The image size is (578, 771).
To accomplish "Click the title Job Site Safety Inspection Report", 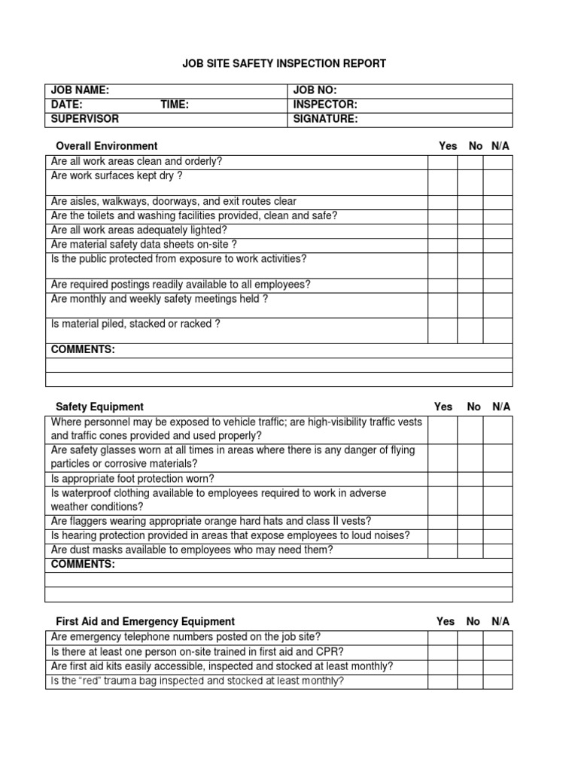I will [x=284, y=64].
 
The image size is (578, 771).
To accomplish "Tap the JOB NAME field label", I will [x=80, y=90].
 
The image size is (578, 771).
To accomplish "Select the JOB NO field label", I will [x=315, y=90].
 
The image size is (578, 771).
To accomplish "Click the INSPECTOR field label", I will [x=325, y=105].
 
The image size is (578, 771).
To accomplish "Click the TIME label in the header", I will [x=175, y=105].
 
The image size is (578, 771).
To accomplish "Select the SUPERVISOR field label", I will [x=85, y=119].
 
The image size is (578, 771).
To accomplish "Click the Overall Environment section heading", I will [x=107, y=146].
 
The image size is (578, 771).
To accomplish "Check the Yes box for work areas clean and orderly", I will [x=443, y=163].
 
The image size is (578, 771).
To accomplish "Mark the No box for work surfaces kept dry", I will [x=470, y=181].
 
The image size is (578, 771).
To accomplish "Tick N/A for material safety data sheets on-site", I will [x=497, y=245].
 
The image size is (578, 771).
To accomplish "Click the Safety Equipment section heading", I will [x=99, y=407].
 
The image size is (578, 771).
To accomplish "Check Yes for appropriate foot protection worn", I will [x=443, y=479].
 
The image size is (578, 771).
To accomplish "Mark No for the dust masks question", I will [x=470, y=550].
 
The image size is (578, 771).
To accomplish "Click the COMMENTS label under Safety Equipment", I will [x=83, y=565].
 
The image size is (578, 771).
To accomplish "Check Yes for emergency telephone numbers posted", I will [x=443, y=638].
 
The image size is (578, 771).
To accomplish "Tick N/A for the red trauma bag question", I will [x=497, y=681].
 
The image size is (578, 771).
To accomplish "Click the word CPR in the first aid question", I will [x=334, y=652].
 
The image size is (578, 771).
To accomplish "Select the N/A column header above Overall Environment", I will [x=500, y=146].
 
